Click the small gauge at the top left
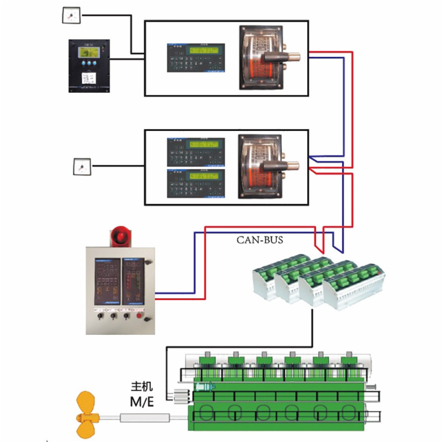pos(71,15)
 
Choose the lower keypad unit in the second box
pos(197,182)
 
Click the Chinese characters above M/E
pos(141,386)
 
